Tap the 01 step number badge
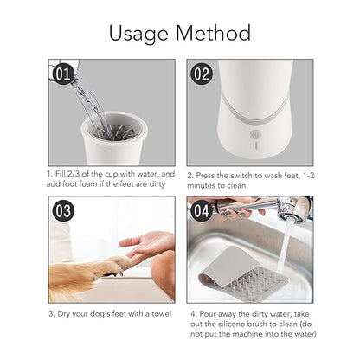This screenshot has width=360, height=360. (x=62, y=74)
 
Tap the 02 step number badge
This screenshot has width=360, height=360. (x=201, y=74)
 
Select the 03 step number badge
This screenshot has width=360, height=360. (x=63, y=210)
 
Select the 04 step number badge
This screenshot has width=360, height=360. (x=201, y=210)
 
